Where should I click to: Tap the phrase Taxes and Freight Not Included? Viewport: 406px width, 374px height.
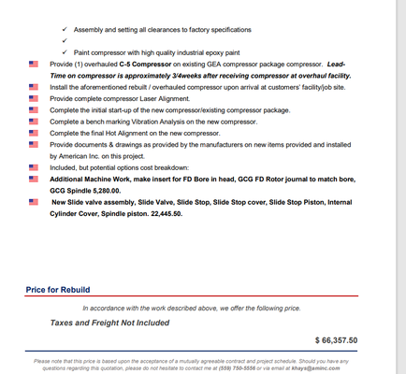pyautogui.click(x=109, y=323)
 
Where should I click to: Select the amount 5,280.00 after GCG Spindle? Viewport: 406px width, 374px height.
pyautogui.click(x=102, y=189)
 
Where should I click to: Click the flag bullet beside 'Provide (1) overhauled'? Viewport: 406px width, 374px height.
pyautogui.click(x=35, y=63)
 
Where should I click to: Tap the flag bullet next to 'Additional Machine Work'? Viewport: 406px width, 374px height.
pyautogui.click(x=35, y=178)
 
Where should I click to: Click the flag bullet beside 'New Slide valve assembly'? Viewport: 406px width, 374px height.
pyautogui.click(x=35, y=201)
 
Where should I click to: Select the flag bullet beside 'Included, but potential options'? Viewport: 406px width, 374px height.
pyautogui.click(x=35, y=167)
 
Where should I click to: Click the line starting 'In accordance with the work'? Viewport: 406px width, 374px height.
pyautogui.click(x=191, y=308)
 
